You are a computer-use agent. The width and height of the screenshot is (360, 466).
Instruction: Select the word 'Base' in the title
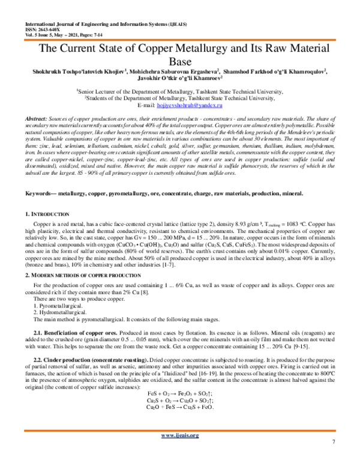[x=180, y=62]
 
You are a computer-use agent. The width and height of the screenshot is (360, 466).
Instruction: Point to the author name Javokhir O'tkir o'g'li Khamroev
[x=179, y=79]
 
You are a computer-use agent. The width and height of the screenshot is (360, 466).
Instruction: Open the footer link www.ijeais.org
[x=180, y=451]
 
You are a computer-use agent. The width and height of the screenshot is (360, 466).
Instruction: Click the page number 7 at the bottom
[x=332, y=459]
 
